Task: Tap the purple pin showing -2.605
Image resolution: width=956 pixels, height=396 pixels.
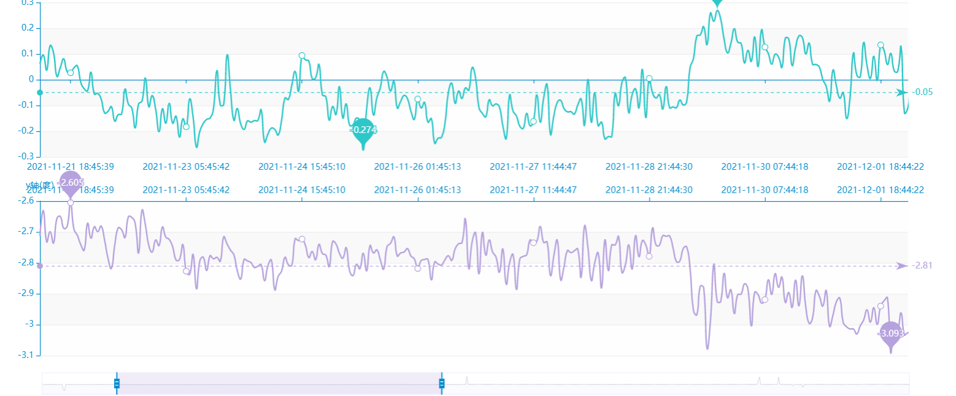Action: coord(71,183)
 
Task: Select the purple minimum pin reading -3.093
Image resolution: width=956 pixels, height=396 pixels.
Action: coord(891,333)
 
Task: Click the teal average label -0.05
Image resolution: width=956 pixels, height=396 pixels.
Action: coord(922,93)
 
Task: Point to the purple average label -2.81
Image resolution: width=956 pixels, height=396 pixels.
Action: coord(922,265)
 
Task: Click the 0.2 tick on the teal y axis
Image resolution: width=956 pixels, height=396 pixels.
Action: coord(27,28)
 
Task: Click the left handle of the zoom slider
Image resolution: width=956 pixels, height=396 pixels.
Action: coord(117,384)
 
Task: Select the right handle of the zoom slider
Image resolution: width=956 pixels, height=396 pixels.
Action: coord(441,384)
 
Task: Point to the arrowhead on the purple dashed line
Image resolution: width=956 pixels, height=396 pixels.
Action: coord(901,266)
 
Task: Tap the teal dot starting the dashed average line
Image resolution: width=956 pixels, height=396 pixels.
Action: coord(40,93)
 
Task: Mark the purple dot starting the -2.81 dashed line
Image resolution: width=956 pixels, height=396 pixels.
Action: coord(40,266)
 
